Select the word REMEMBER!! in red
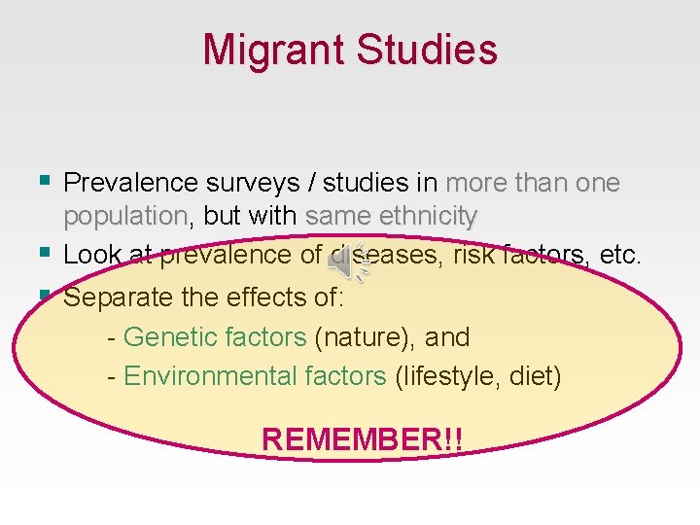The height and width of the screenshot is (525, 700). [x=362, y=439]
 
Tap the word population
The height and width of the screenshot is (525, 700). [x=124, y=216]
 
